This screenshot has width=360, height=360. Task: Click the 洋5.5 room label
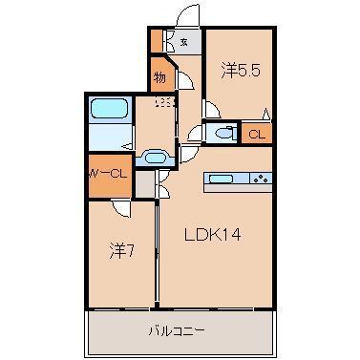pos(239,70)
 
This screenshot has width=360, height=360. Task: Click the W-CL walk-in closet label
pos(107,173)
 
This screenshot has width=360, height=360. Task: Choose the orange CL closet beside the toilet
pos(256,135)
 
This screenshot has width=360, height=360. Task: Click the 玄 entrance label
pos(183,42)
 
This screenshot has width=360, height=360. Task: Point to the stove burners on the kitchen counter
pos(260,178)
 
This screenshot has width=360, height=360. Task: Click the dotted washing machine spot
pos(166,102)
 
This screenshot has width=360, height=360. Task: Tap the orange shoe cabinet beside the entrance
pos(156,42)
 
